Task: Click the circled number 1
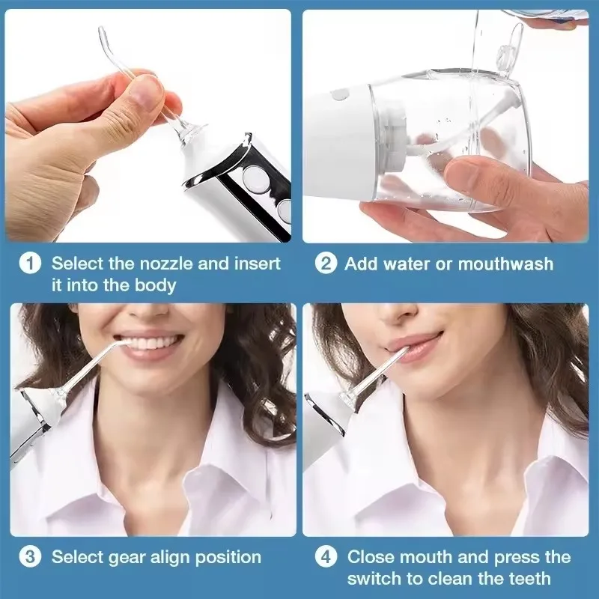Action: pos(30,264)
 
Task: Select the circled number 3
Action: pos(30,557)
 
